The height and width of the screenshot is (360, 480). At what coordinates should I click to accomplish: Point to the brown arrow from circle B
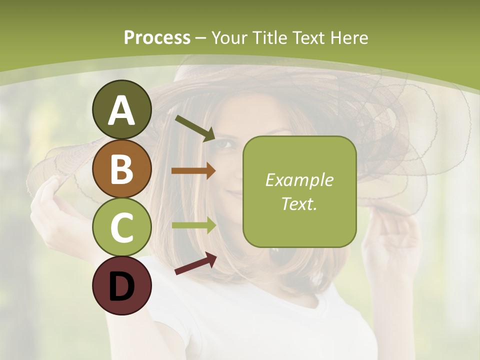193,170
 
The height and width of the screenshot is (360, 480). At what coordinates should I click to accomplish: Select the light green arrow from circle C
193,225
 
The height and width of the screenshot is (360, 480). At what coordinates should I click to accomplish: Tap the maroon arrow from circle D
195,263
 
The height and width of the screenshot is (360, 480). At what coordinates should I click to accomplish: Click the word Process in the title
157,37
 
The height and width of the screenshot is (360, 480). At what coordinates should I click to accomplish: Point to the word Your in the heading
230,37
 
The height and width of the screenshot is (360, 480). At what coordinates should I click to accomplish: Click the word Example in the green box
299,180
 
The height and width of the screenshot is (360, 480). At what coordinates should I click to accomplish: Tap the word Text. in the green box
299,203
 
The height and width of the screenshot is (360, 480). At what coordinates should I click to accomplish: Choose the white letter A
121,110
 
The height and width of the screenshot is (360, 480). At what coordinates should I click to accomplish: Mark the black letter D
121,286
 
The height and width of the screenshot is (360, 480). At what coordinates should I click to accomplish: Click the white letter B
121,169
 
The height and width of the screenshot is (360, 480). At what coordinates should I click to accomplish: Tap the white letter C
121,227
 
